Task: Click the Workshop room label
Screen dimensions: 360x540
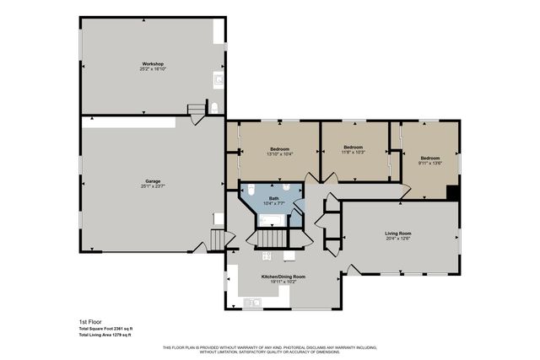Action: pos(153,64)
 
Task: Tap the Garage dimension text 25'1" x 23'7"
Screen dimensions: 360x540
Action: pos(153,185)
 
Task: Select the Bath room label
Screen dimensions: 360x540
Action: pos(274,198)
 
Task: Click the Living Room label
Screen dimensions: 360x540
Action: pos(398,233)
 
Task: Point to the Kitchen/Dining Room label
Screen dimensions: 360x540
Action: pos(283,277)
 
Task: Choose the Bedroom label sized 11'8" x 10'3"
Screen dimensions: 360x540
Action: pos(353,147)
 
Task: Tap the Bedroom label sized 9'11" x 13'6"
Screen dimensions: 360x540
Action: pos(430,158)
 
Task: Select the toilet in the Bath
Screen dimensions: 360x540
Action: pos(288,187)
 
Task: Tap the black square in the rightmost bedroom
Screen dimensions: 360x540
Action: pos(453,191)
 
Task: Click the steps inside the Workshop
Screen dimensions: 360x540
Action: pos(197,110)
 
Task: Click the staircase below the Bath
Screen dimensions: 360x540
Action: pos(271,239)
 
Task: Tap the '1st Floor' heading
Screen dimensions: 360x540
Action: pos(78,321)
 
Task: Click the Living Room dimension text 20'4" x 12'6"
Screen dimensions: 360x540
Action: pos(398,239)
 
